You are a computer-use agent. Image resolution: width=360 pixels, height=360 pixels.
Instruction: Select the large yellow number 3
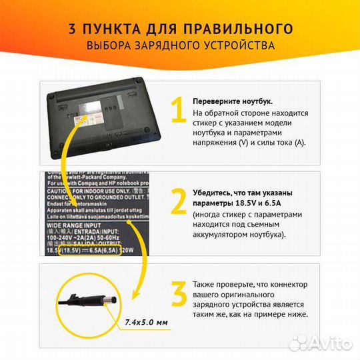177,297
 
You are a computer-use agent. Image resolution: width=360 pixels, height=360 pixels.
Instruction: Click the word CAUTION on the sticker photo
61,190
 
